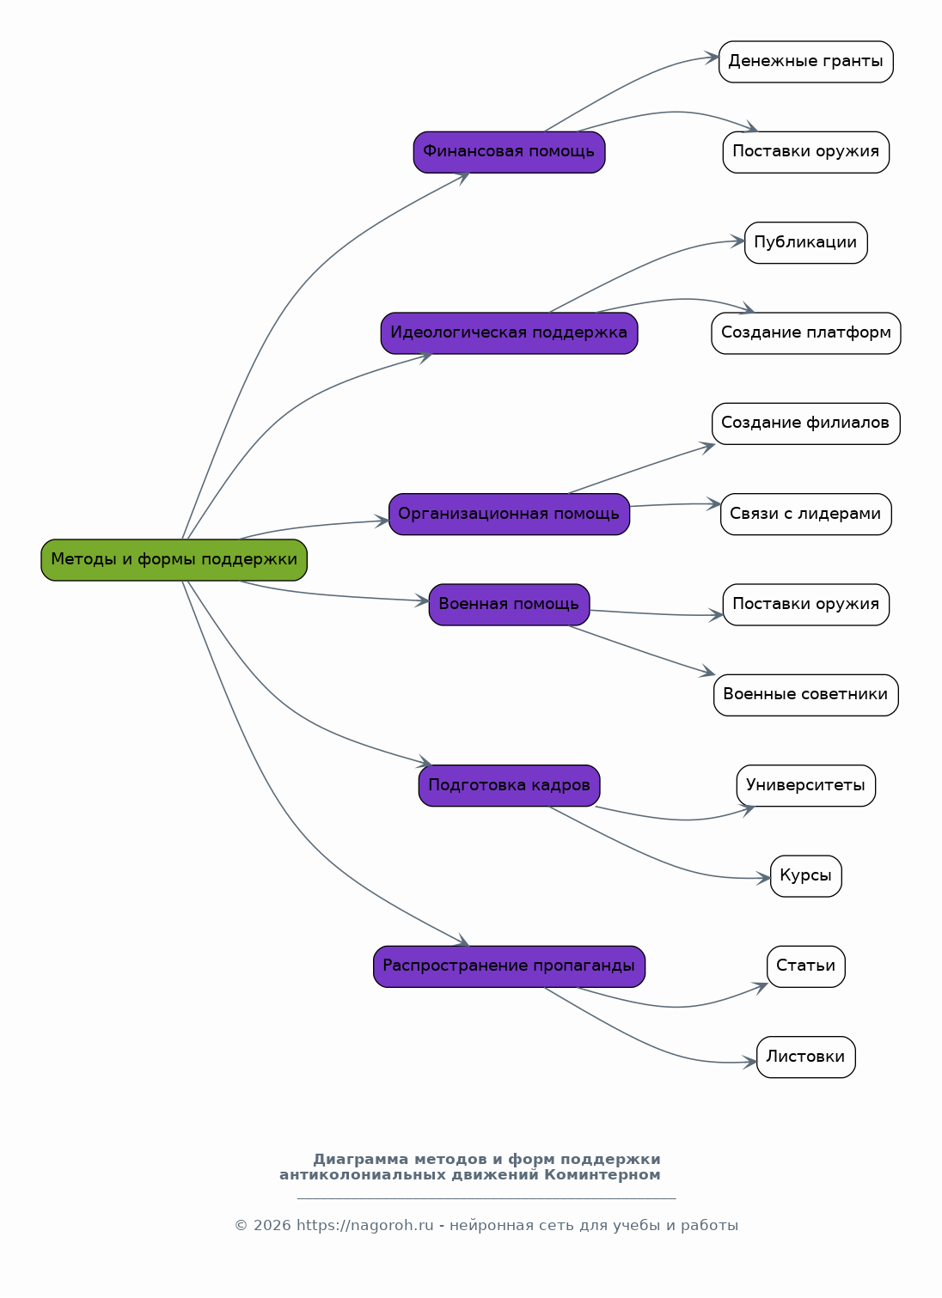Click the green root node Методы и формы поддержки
[x=174, y=560]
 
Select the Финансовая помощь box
[x=509, y=152]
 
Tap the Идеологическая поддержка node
[x=509, y=333]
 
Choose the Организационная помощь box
[x=509, y=514]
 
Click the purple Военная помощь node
[x=509, y=605]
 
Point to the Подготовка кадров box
[x=509, y=786]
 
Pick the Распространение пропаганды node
[x=509, y=966]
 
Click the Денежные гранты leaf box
[x=806, y=62]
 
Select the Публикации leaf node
[x=806, y=243]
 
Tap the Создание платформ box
[x=806, y=333]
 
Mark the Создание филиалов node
[x=806, y=424]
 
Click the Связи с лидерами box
[x=806, y=514]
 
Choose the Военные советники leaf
[x=806, y=695]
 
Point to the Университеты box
[x=806, y=786]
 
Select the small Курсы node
[x=806, y=876]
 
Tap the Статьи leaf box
[x=806, y=966]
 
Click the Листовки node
[x=806, y=1057]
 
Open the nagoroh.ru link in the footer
[x=365, y=1225]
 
